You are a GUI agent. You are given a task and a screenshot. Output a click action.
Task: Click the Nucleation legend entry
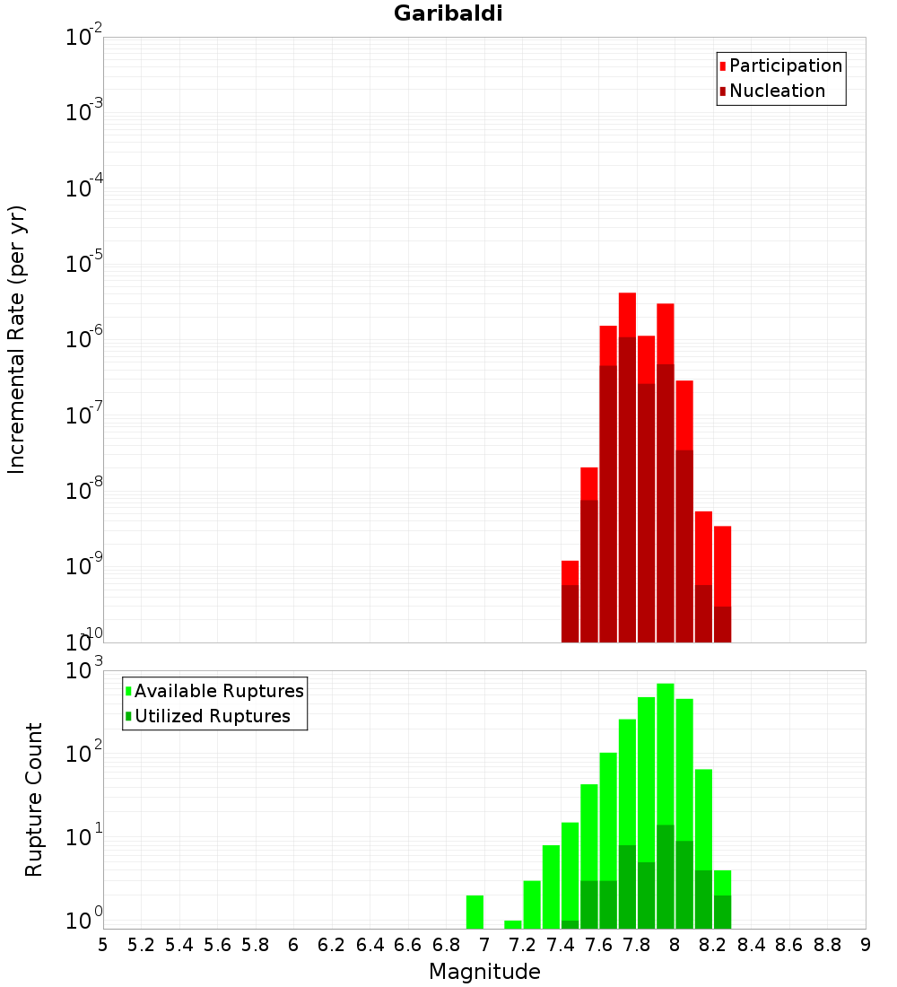(776, 92)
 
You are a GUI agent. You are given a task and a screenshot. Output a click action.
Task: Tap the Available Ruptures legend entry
(218, 692)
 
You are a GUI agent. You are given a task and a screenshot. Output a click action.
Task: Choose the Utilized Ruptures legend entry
(212, 717)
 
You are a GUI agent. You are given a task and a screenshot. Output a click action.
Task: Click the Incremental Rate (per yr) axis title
(17, 339)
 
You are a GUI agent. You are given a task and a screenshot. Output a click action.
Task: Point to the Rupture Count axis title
(34, 799)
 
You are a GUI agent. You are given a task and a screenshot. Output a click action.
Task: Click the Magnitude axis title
(484, 972)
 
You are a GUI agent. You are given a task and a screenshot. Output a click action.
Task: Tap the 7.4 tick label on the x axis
(561, 945)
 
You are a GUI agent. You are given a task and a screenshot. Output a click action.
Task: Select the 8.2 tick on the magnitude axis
(713, 945)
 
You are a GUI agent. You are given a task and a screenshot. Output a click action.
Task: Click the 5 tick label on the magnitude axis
(103, 945)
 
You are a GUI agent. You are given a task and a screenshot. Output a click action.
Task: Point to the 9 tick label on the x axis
(866, 945)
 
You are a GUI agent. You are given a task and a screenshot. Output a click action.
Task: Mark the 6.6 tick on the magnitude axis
(408, 945)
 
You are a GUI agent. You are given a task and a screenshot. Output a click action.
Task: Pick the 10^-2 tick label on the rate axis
(85, 38)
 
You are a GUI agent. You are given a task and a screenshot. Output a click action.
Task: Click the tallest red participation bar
(627, 314)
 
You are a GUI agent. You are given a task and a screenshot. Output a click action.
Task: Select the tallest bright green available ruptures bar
(666, 754)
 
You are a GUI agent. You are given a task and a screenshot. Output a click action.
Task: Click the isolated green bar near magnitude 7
(475, 912)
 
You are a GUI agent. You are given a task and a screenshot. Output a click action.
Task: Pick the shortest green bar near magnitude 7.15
(513, 924)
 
